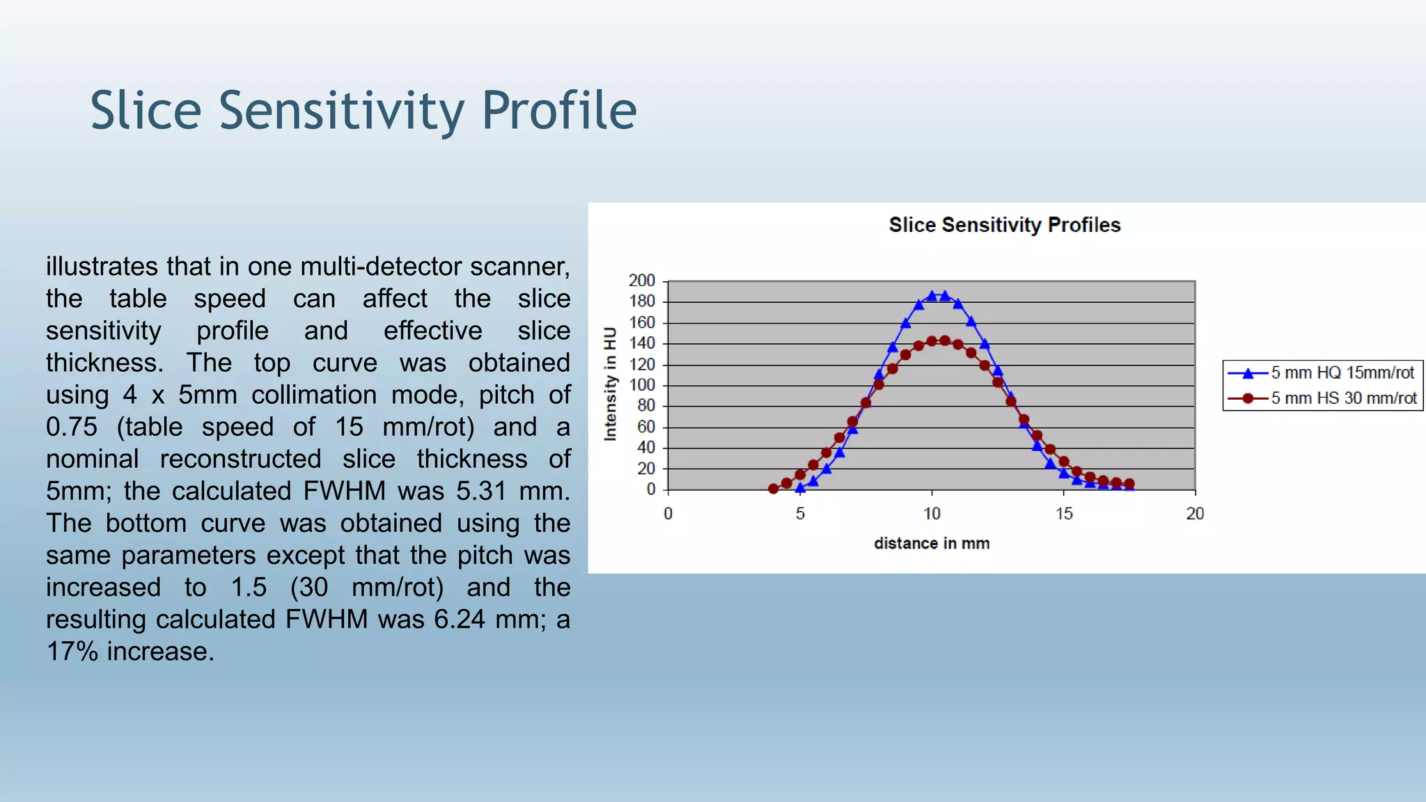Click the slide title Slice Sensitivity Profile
(x=363, y=111)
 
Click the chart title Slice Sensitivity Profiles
(x=1004, y=225)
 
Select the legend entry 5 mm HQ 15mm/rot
(x=1342, y=372)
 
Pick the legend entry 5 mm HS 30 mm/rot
(x=1343, y=398)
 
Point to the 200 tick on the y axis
(x=641, y=281)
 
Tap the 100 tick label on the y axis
(x=641, y=385)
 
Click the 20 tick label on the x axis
(x=1195, y=514)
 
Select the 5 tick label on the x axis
(x=800, y=514)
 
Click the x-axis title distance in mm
(x=932, y=543)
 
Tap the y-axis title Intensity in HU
(x=611, y=384)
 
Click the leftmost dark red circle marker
(x=773, y=489)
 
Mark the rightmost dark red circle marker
(x=1129, y=483)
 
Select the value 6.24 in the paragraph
(x=459, y=619)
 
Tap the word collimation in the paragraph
(x=314, y=395)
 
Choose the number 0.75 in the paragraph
(x=72, y=427)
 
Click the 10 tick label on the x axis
(x=932, y=514)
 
